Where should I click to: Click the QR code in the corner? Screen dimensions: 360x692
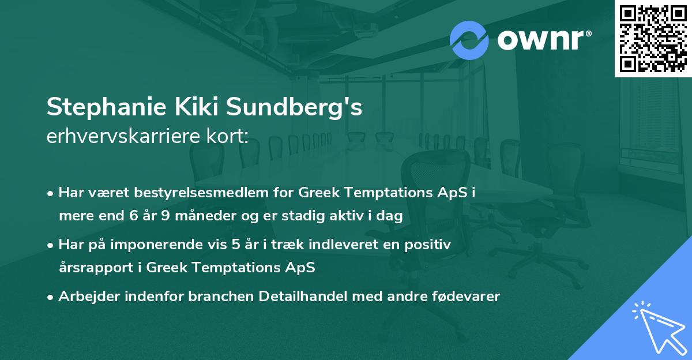click(x=653, y=39)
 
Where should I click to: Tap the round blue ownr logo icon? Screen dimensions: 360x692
click(x=469, y=40)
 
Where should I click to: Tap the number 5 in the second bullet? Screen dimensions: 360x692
click(x=236, y=245)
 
